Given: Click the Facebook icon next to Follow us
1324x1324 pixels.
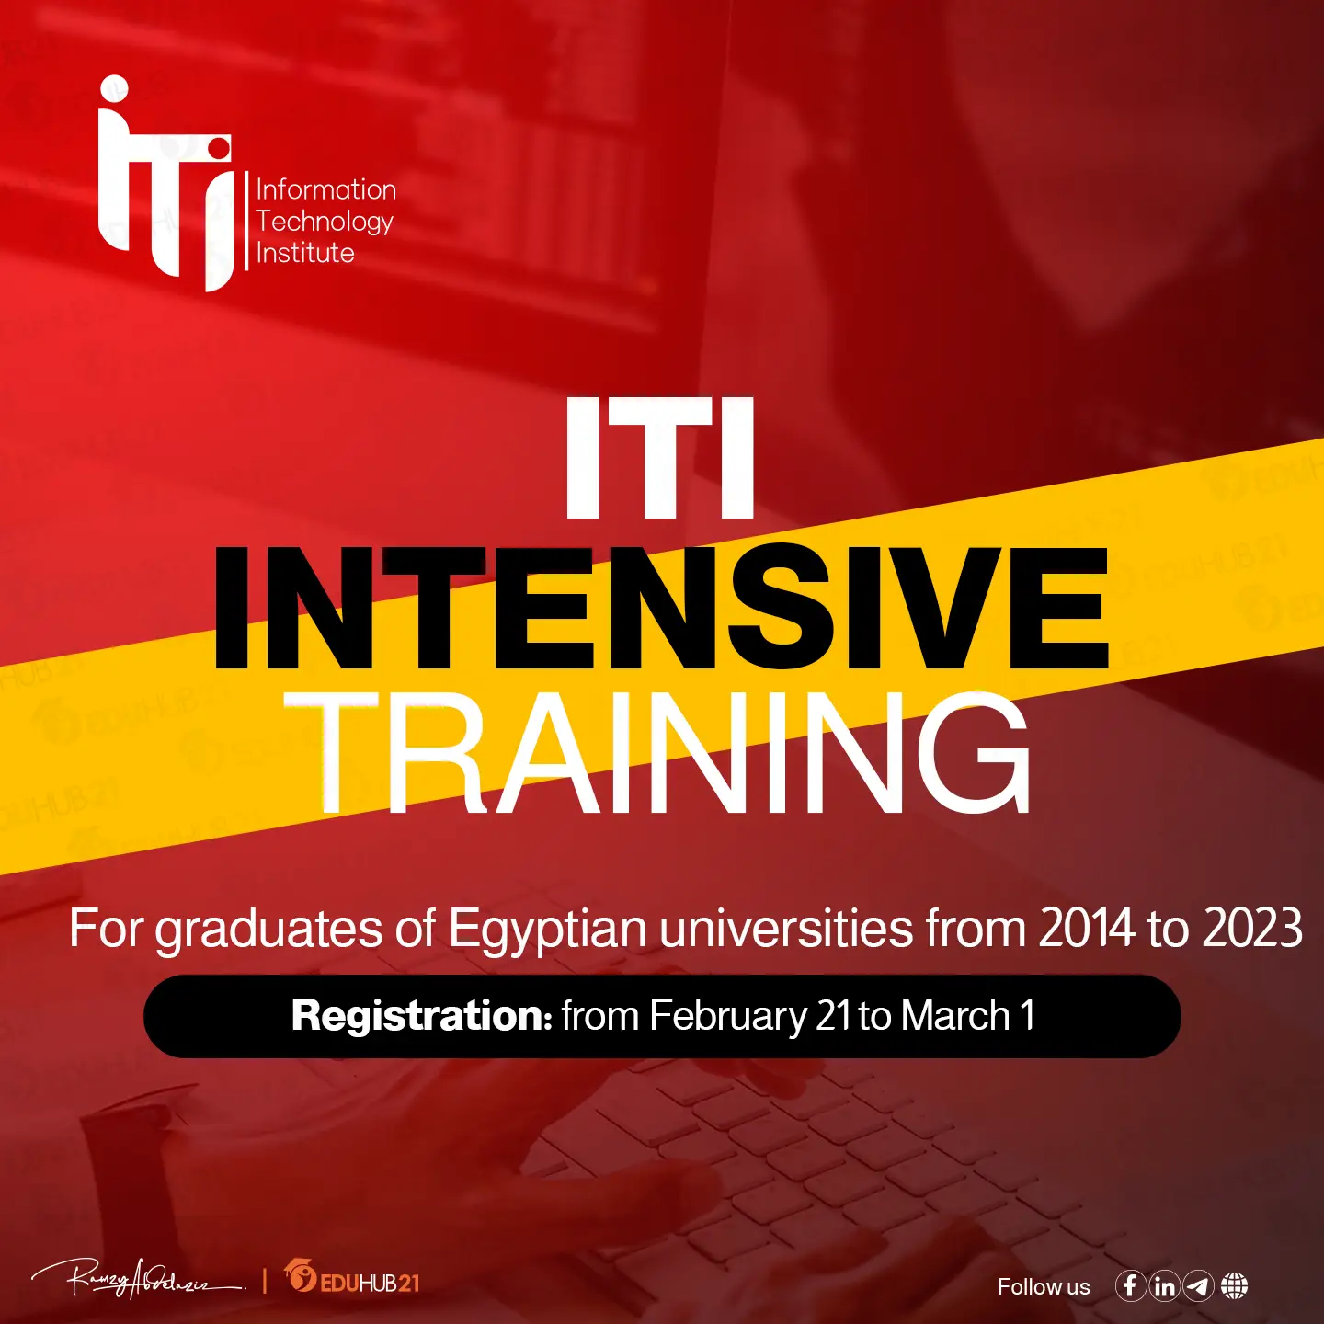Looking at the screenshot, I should pyautogui.click(x=1130, y=1285).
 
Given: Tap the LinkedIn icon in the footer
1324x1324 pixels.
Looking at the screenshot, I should pyautogui.click(x=1164, y=1285).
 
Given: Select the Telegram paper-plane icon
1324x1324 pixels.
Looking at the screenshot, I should pyautogui.click(x=1198, y=1285).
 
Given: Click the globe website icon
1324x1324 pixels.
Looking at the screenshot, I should pyautogui.click(x=1234, y=1285).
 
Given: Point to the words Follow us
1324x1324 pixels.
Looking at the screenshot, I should pyautogui.click(x=1044, y=1287).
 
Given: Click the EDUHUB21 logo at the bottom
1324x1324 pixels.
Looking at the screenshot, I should pyautogui.click(x=352, y=1279).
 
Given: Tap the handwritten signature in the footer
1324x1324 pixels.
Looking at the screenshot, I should pyautogui.click(x=138, y=1279).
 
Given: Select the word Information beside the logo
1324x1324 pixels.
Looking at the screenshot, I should pyautogui.click(x=326, y=189).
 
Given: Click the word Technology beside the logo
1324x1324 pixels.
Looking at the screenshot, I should pyautogui.click(x=325, y=222).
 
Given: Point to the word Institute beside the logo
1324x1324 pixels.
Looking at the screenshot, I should pyautogui.click(x=305, y=253).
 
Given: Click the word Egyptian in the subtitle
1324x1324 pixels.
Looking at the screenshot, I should pyautogui.click(x=548, y=930).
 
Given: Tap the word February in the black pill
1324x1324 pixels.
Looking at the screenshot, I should pyautogui.click(x=728, y=1017).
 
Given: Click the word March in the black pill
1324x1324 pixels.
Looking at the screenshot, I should pyautogui.click(x=955, y=1016).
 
